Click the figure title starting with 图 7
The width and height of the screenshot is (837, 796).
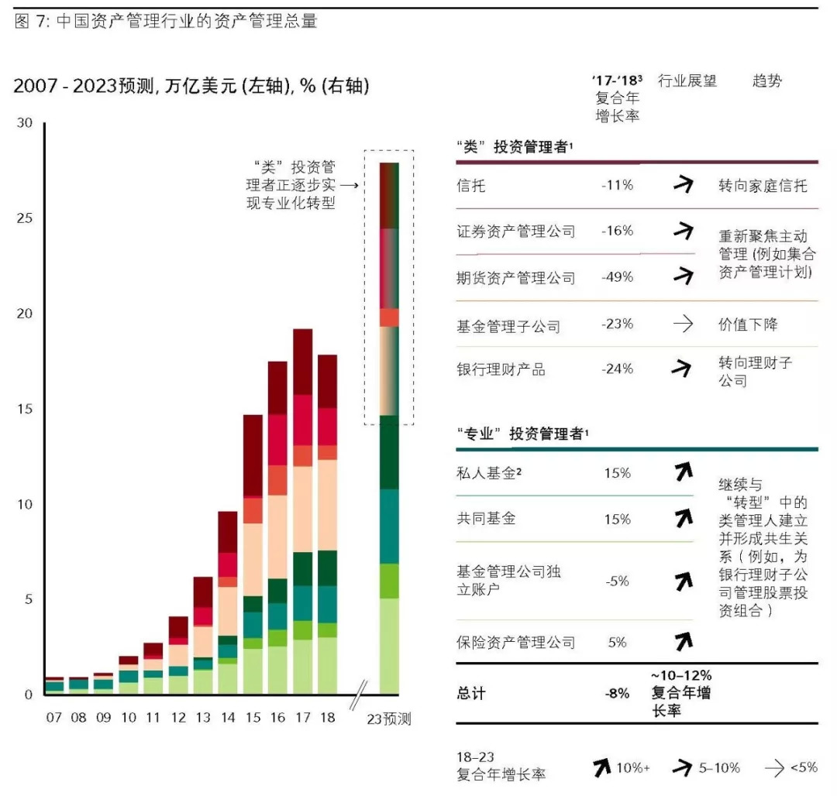166,21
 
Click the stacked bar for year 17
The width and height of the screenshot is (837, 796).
302,511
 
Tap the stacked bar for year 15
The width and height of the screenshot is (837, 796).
253,554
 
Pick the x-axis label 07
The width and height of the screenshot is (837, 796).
53,718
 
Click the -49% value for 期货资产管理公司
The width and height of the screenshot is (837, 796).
617,277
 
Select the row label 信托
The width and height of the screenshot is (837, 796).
472,186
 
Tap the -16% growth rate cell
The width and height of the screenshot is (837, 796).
617,231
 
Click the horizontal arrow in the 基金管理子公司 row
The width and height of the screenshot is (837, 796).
683,324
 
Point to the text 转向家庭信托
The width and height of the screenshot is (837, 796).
763,186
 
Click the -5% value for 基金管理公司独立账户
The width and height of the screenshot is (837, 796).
617,581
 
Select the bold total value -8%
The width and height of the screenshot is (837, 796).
617,694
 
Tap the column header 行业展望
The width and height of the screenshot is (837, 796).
687,81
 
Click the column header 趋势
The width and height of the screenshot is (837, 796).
766,81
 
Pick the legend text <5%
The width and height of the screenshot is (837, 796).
804,767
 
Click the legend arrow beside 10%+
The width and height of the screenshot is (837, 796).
601,767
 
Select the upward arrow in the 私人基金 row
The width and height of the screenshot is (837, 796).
683,472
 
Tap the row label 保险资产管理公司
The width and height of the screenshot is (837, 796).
515,642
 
